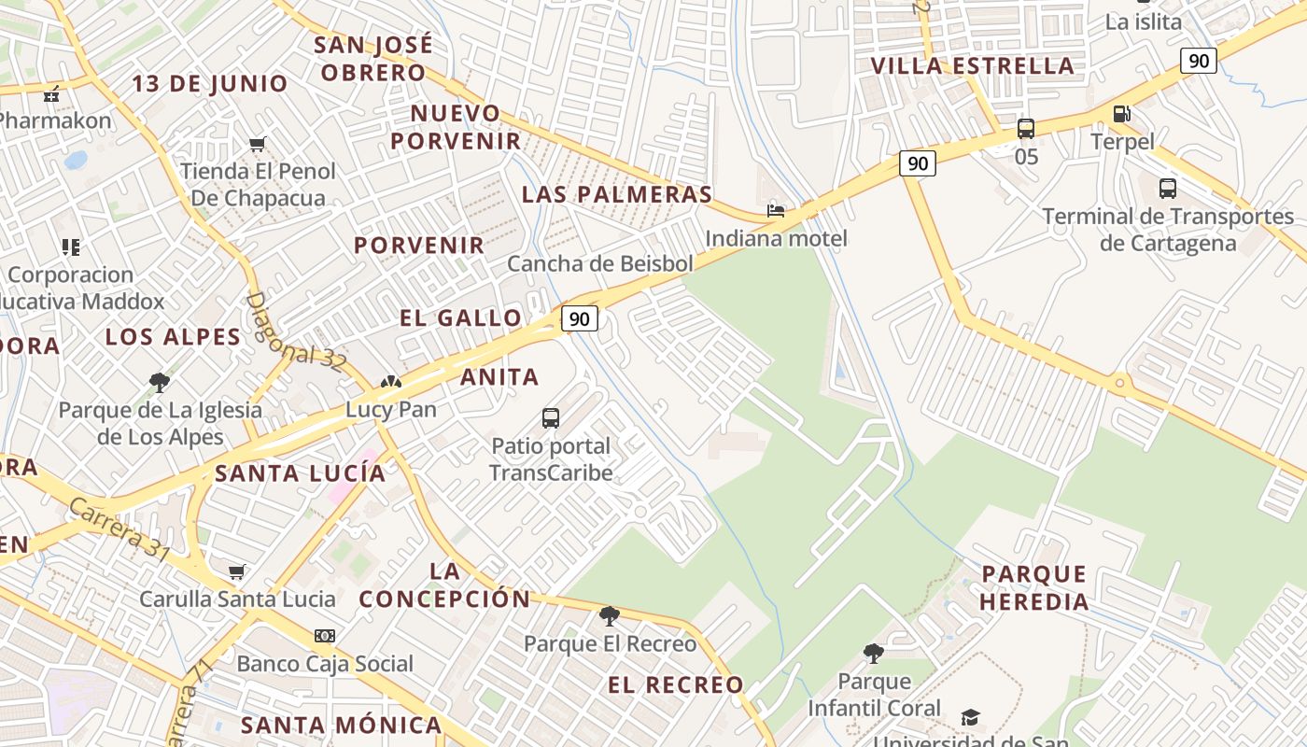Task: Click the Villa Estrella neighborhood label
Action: click(972, 65)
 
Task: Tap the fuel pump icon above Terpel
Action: click(1121, 114)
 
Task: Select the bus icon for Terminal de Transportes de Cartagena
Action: click(1167, 188)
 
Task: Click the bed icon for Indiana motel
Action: click(776, 210)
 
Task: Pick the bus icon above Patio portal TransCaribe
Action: click(551, 417)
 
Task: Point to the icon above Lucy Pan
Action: click(390, 382)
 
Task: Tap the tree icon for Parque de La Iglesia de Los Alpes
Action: click(160, 382)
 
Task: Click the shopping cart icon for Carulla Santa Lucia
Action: click(237, 571)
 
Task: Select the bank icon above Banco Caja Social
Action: click(324, 636)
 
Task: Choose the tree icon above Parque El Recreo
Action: click(610, 615)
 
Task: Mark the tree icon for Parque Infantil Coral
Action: click(874, 653)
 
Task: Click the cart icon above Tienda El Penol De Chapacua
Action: click(258, 144)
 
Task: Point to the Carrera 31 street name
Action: click(119, 529)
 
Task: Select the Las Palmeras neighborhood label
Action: click(617, 194)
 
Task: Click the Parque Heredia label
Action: click(1034, 587)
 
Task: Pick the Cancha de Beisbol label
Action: click(600, 263)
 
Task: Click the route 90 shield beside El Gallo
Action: click(579, 318)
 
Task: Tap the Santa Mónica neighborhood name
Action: click(341, 725)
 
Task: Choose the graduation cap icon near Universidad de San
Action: click(971, 717)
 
